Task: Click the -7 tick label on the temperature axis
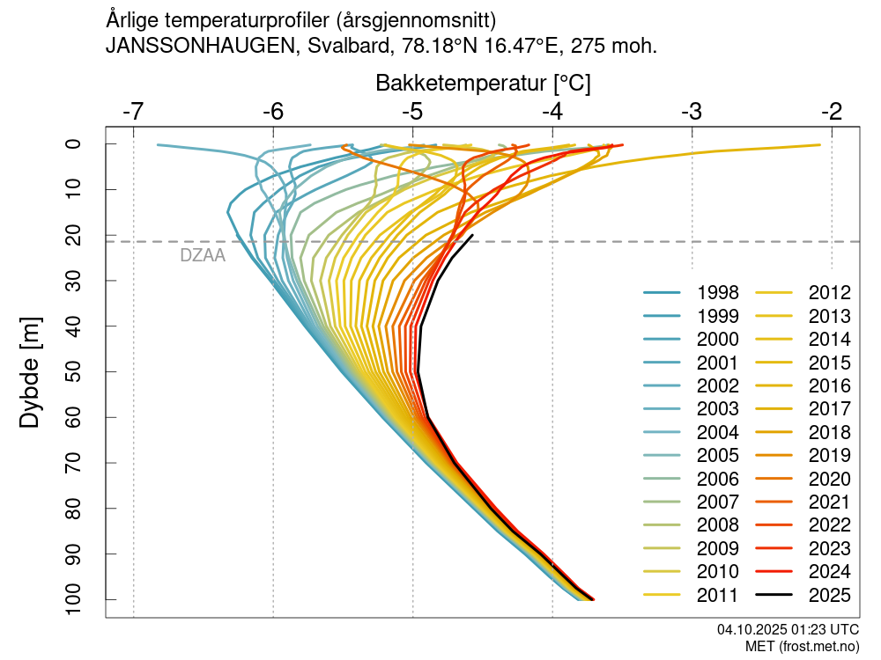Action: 134,112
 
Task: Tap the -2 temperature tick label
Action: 832,112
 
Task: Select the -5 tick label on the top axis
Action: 413,112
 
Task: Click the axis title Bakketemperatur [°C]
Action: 483,84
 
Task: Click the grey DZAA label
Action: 203,256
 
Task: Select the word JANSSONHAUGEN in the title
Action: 200,47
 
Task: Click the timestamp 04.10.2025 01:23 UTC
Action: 788,630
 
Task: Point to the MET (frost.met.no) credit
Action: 802,647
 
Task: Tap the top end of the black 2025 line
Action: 472,236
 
